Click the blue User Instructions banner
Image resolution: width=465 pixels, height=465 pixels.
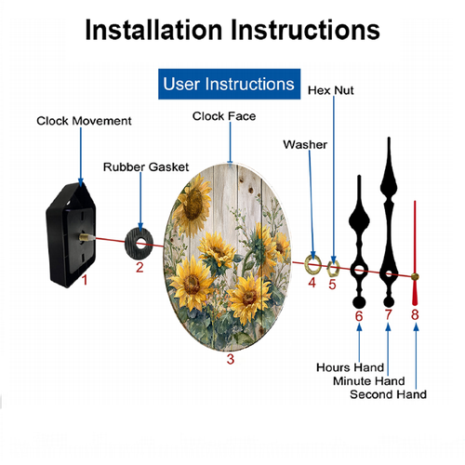[x=229, y=84]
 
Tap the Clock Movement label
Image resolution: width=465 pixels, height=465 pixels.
[x=84, y=121]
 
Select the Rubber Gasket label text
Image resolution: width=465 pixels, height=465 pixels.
[x=146, y=166]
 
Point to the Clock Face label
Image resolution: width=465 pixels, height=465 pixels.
[x=224, y=116]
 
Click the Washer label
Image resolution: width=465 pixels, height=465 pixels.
[x=305, y=144]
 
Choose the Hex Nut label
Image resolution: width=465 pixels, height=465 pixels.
[x=331, y=90]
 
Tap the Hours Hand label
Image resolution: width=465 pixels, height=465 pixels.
[x=350, y=367]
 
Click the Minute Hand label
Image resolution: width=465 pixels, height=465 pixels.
[x=369, y=380]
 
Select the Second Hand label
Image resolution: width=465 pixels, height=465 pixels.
[x=388, y=394]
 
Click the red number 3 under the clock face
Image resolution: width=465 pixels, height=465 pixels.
[x=231, y=359]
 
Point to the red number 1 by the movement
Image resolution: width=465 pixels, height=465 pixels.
[x=85, y=280]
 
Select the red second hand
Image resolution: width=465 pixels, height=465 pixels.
[x=415, y=253]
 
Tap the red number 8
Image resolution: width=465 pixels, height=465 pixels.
[x=415, y=314]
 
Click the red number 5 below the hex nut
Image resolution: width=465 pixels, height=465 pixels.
[x=332, y=285]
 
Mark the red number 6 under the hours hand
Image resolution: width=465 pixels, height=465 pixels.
[x=359, y=316]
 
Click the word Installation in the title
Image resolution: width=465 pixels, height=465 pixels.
[x=154, y=30]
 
